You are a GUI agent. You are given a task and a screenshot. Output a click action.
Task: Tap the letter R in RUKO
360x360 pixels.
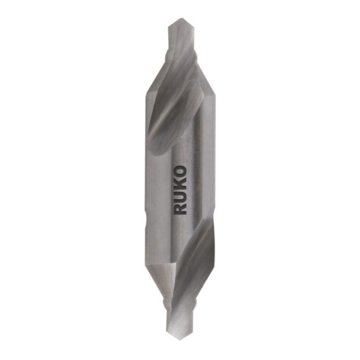point(181,208)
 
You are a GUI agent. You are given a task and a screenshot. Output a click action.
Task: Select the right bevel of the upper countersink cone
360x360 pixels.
point(198,81)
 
